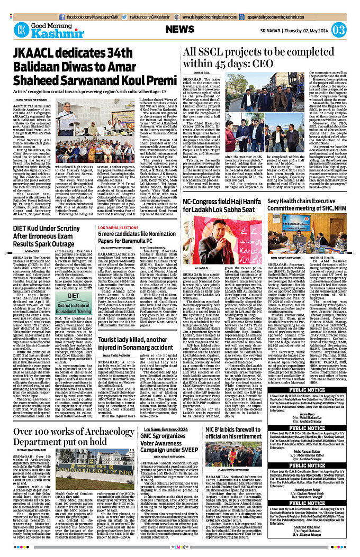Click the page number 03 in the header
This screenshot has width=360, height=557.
[x=339, y=29]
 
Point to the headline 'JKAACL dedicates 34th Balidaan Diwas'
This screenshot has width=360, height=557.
[x=90, y=63]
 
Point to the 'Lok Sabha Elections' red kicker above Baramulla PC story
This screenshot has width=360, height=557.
[x=113, y=213]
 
